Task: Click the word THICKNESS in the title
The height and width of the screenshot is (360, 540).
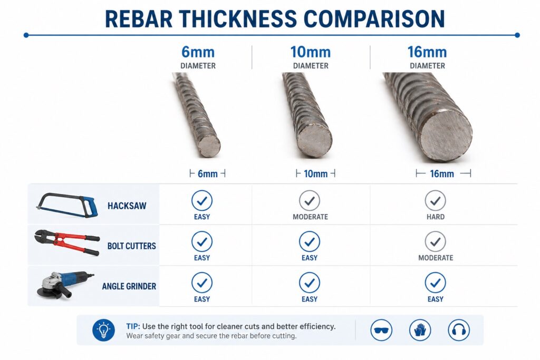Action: (x=246, y=18)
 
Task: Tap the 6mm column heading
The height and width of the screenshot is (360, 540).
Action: (x=198, y=52)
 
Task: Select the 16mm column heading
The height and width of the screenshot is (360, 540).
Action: (x=427, y=52)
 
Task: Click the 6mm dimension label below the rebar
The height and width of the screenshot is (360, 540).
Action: (x=207, y=174)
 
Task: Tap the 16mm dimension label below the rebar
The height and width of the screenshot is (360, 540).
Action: (x=442, y=174)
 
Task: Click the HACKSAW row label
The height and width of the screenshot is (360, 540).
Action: (x=127, y=206)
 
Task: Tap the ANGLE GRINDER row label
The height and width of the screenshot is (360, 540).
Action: (x=129, y=287)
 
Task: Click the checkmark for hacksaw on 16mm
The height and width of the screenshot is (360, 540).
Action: (x=435, y=200)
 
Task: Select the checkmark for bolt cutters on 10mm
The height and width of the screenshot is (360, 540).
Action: (x=310, y=241)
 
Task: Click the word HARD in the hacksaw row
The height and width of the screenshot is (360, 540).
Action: (x=435, y=217)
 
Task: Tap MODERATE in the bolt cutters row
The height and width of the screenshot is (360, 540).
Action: (x=436, y=258)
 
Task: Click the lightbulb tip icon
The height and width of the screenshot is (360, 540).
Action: (x=103, y=330)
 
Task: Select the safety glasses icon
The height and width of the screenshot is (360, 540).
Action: (x=381, y=330)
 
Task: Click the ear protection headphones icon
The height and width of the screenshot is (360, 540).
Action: (x=458, y=330)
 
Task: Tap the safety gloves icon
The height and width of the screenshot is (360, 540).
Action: (x=420, y=330)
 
